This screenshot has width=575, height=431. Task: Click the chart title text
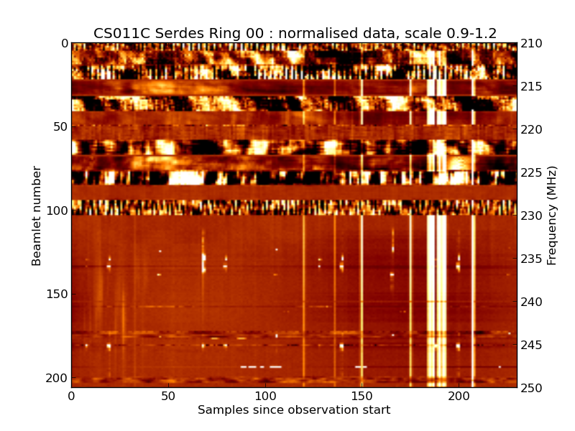(x=295, y=33)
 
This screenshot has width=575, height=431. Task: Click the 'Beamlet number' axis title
(x=37, y=215)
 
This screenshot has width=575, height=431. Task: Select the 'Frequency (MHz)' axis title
(x=552, y=215)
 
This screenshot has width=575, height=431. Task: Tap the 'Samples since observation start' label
(x=294, y=410)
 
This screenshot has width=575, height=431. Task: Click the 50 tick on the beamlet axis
(x=59, y=127)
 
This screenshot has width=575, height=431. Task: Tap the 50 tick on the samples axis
(x=168, y=396)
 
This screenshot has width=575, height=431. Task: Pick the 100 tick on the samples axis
(x=265, y=396)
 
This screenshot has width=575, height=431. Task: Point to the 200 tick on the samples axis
(x=459, y=396)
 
